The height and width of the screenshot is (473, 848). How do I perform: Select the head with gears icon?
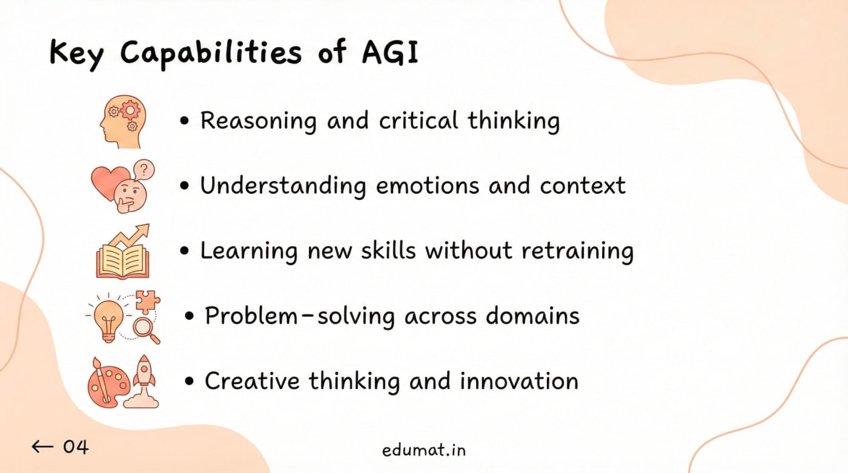point(122,120)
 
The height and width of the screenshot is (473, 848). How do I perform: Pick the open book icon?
point(122,260)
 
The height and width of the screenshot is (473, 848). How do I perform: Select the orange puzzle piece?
point(148,302)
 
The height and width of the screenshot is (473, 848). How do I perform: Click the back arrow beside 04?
point(42,447)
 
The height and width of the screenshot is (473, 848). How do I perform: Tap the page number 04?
point(76,447)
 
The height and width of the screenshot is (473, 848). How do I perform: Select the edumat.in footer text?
point(424,450)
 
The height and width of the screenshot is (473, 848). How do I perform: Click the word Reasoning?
point(258,121)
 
